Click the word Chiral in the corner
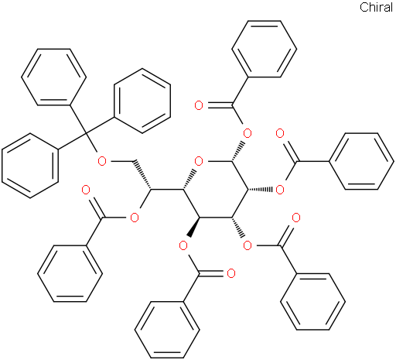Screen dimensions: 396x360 376,7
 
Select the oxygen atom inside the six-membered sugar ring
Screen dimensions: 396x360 199,162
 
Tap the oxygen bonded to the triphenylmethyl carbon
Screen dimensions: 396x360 102,162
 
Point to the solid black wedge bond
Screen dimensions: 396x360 194,227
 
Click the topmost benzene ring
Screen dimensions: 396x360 265,49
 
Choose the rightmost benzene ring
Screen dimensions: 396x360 361,162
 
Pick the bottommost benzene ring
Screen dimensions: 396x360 167,330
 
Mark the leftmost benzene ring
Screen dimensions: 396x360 30,166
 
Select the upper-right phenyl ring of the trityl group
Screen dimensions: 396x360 142,101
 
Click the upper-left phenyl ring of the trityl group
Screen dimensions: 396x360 54,77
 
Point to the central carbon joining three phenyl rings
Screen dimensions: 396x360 87,134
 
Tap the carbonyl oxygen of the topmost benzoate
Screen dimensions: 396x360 199,105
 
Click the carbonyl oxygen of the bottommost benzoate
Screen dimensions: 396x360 231,273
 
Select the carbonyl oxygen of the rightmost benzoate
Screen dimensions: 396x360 280,134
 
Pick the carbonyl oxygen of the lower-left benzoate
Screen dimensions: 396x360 86,190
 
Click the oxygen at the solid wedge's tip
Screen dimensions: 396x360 183,246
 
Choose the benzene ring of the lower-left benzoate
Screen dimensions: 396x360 70,273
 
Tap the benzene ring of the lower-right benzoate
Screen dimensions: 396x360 312,301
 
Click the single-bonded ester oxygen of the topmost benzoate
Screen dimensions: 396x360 247,134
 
